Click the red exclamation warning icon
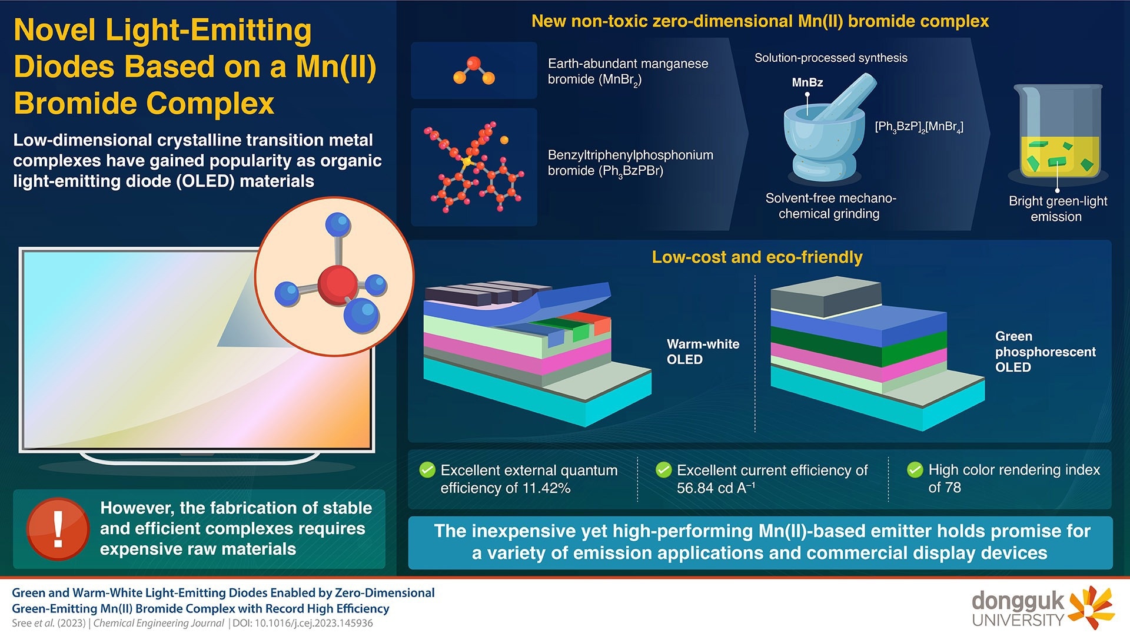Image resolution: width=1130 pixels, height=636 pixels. click(58, 529)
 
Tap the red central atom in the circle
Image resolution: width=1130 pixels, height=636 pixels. click(338, 284)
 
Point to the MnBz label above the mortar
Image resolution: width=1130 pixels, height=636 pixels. click(807, 82)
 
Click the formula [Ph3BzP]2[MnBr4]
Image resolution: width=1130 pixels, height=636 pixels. click(919, 127)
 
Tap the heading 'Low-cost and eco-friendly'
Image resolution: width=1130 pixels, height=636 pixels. click(757, 257)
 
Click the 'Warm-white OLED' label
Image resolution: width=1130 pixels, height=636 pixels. click(703, 352)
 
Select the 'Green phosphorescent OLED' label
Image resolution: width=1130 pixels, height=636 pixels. click(1045, 352)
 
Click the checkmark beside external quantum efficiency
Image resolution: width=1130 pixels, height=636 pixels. click(427, 470)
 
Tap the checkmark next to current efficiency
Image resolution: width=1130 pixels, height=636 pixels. click(663, 470)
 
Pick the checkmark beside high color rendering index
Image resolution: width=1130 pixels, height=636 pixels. click(915, 469)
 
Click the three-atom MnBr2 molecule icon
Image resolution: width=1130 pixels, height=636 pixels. click(474, 71)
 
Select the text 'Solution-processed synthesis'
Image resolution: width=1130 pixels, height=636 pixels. click(830, 58)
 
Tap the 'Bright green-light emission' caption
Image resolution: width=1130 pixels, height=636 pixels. click(1058, 208)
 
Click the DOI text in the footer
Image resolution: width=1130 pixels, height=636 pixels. click(303, 623)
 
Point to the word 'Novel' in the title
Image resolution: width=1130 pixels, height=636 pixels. click(54, 30)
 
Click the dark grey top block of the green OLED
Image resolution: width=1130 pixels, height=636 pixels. click(826, 298)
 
